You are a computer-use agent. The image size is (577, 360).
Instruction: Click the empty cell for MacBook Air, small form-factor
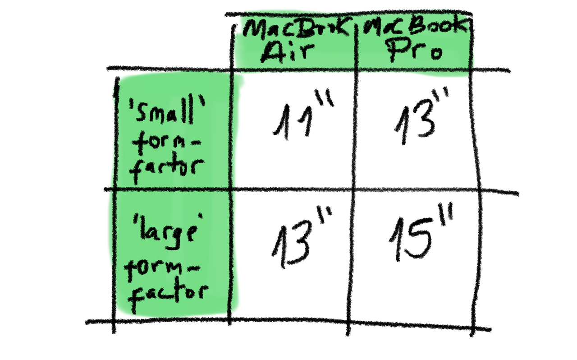[295, 131]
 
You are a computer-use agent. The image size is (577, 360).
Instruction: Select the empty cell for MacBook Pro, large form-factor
[415, 253]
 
